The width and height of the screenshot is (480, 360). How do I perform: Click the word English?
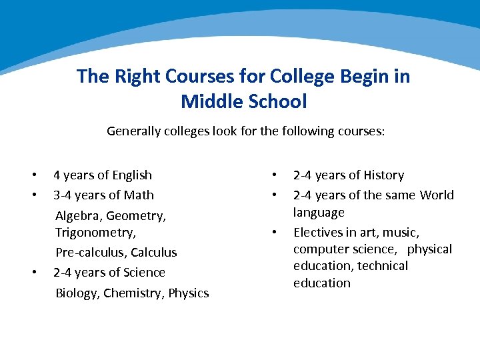pos(132,175)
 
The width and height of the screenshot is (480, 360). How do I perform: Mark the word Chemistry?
pos(133,293)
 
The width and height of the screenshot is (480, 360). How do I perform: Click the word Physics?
pos(189,293)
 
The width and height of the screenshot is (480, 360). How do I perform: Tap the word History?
pos(383,175)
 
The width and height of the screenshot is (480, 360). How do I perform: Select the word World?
pos(437,195)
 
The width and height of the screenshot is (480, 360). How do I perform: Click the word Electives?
pos(317,233)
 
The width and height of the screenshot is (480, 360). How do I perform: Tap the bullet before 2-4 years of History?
pos(274,175)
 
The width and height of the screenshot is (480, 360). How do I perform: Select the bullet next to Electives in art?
pos(274,233)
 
